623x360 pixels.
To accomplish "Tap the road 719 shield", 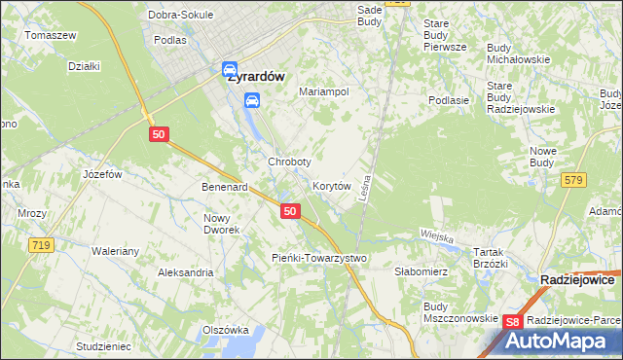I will coord(40,246).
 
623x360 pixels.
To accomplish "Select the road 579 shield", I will coord(573,179).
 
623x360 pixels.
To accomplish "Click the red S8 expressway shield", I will coord(515,322).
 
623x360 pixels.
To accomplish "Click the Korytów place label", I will coord(331,185).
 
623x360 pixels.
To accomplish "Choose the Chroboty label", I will coord(289,162).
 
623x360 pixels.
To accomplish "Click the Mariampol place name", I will coord(323,91).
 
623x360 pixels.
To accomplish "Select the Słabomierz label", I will coord(421,272).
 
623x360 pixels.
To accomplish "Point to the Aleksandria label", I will coord(186,272).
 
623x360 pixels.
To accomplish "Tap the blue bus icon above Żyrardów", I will coord(230,69).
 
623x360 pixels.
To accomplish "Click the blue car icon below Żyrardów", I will coord(252,100).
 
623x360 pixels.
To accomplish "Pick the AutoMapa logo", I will coord(558,341).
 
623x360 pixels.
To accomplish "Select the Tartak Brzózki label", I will coord(491,257).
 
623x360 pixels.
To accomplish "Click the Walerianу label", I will coord(116,251).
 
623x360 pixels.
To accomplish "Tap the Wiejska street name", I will coord(438,235).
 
